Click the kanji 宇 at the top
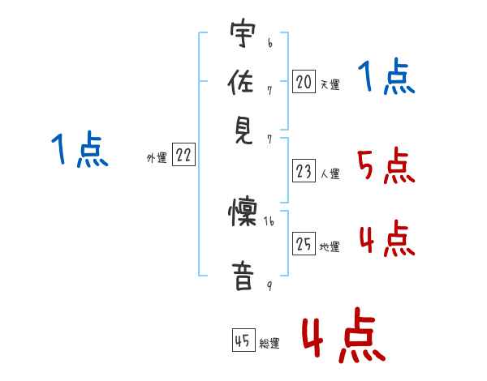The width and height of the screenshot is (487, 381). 243,36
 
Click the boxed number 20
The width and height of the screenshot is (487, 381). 304,81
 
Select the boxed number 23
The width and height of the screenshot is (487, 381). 304,171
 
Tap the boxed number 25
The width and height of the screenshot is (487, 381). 304,243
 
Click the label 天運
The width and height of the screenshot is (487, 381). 330,84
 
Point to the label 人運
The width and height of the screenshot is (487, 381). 330,173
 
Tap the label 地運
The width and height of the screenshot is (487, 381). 330,246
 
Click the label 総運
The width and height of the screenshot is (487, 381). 269,344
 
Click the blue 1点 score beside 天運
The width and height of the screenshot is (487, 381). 386,78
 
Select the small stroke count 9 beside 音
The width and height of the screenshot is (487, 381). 269,286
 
